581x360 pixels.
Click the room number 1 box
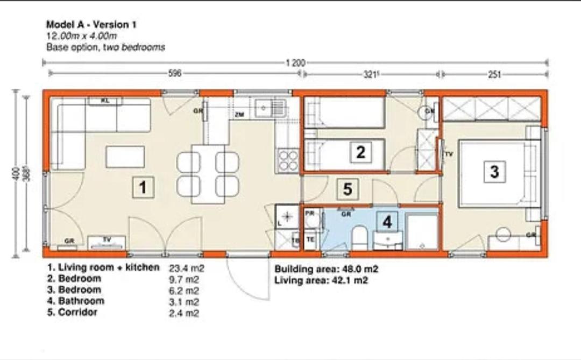[143, 187]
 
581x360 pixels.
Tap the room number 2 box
[360, 152]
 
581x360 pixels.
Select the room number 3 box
[494, 172]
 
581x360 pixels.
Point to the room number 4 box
[387, 222]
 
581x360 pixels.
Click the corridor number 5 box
[348, 189]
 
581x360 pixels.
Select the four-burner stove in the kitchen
[288, 160]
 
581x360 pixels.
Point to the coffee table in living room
[125, 157]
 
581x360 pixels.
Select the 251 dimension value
[494, 75]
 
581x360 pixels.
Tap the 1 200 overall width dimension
[295, 63]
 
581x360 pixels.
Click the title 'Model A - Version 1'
[88, 24]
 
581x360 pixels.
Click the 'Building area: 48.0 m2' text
[322, 269]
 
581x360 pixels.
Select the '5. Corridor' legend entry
[72, 312]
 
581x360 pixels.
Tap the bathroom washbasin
[387, 240]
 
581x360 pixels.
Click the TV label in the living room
[107, 238]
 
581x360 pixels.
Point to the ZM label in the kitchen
[239, 115]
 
